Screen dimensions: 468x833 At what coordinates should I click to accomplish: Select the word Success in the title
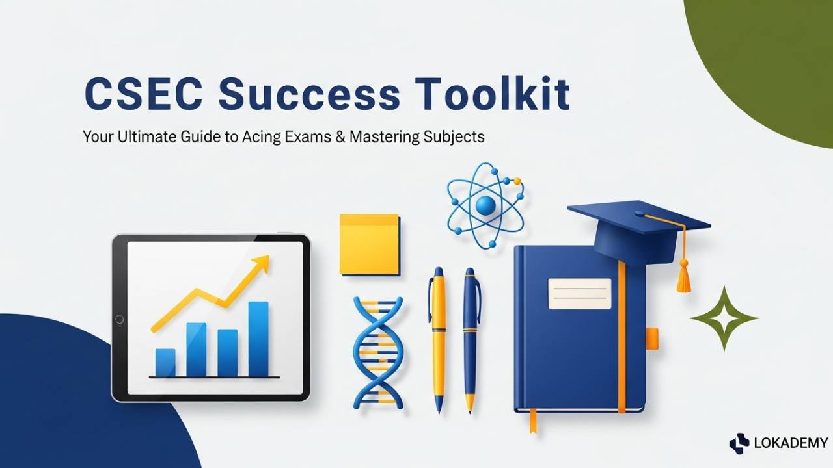tap(309, 94)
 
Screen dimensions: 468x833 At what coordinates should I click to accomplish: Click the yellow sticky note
tap(369, 244)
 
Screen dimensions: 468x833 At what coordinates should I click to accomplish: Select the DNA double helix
tap(377, 355)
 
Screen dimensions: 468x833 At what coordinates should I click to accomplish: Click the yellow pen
tap(437, 338)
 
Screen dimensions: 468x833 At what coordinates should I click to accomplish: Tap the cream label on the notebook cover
tap(580, 293)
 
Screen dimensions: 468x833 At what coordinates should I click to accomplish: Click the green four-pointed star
tap(724, 318)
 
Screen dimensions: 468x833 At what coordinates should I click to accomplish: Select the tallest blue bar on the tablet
tap(258, 339)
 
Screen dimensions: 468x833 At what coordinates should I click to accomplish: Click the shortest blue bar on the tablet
tap(165, 363)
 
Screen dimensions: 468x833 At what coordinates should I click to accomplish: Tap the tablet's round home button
tap(119, 319)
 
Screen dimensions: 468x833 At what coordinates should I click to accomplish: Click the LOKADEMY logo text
tap(790, 443)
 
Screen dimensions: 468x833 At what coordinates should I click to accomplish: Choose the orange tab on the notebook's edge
tap(651, 338)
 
